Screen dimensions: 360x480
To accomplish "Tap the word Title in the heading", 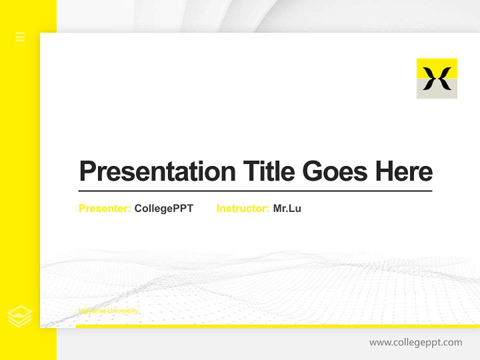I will (x=268, y=171).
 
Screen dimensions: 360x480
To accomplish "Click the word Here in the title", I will (x=404, y=171).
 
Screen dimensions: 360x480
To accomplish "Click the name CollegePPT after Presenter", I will (x=163, y=208).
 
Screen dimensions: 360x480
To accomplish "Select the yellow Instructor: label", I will (x=243, y=208).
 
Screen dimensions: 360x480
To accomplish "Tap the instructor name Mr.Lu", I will (x=287, y=208).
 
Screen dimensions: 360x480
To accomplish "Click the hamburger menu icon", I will (x=20, y=36).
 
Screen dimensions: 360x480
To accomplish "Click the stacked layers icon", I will (x=20, y=316).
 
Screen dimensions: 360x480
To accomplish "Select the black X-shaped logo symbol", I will (x=436, y=79).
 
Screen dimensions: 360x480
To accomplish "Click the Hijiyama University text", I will (x=108, y=311).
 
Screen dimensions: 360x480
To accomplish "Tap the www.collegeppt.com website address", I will (x=415, y=342).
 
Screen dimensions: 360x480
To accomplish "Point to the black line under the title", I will (x=255, y=191).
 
